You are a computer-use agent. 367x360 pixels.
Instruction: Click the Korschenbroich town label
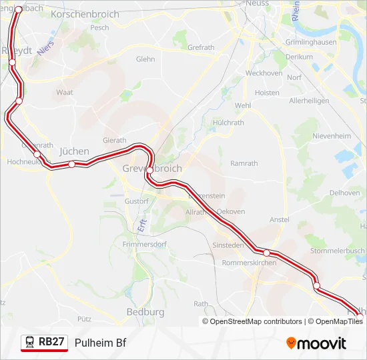pos(85,14)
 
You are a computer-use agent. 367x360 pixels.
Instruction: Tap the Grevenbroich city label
pos(152,169)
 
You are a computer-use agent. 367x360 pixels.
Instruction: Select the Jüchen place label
pos(74,151)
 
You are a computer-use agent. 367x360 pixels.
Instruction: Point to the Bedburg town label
pos(145,311)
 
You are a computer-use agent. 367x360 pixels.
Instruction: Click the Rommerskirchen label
pos(248,262)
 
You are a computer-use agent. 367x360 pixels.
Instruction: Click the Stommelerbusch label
pos(338,251)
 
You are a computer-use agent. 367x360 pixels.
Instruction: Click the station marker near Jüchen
pos(71,164)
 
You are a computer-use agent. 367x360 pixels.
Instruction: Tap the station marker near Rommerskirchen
pos(266,253)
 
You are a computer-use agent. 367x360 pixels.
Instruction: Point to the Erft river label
pos(142,225)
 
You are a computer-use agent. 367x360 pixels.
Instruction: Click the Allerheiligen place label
pos(309,101)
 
